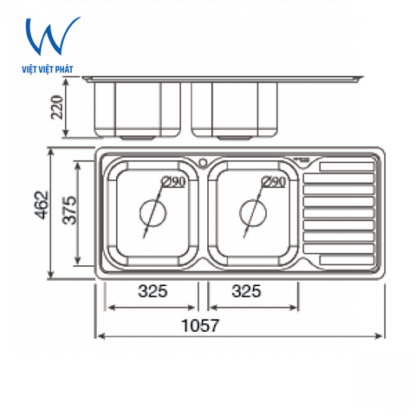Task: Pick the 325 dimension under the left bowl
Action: click(152, 292)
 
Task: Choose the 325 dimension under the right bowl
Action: click(247, 292)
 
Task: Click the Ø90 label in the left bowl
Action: click(174, 181)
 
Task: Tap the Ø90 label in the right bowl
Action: click(273, 181)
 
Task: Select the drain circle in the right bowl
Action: click(253, 211)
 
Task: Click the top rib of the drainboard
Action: click(347, 166)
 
